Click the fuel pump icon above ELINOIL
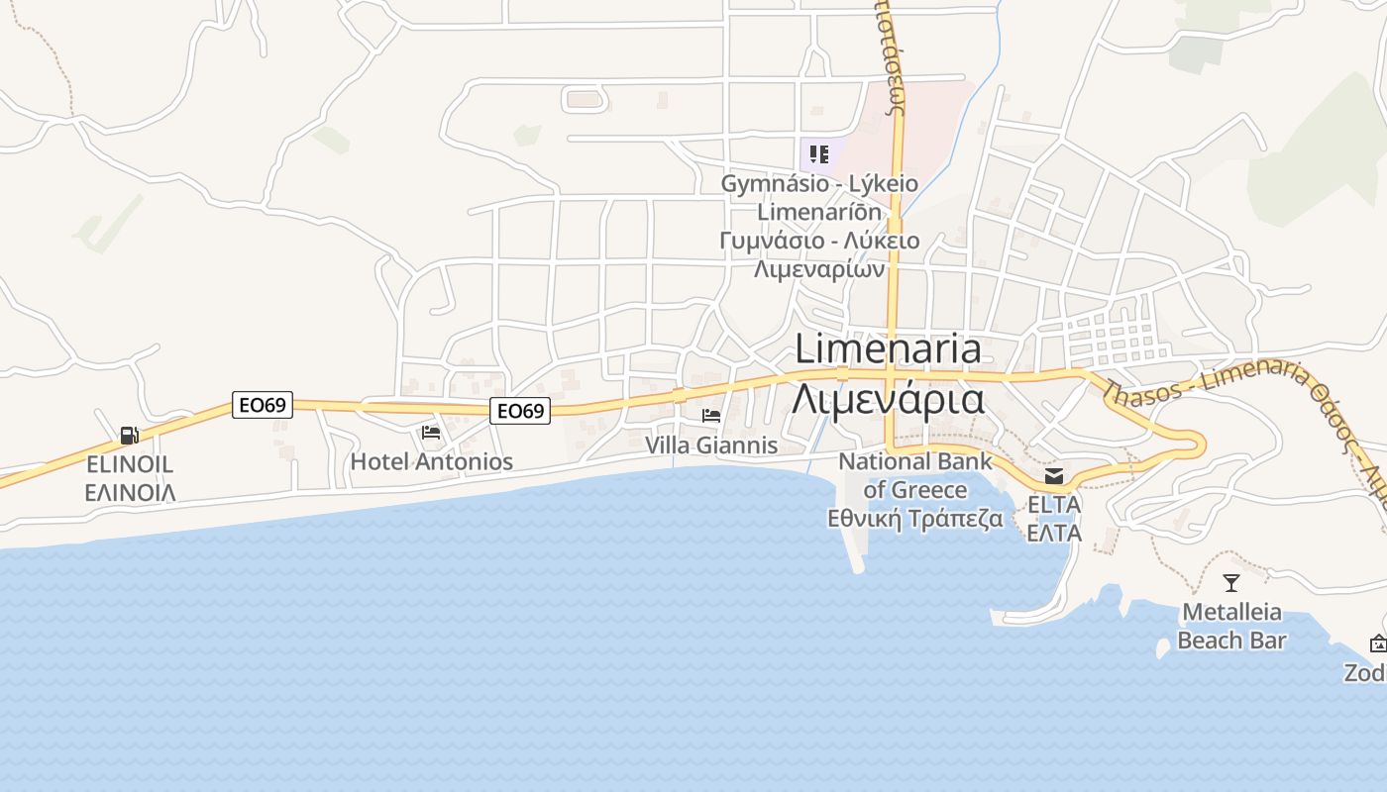click(x=129, y=435)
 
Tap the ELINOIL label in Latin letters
click(x=130, y=463)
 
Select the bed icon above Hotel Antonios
click(x=431, y=433)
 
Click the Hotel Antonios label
click(x=432, y=461)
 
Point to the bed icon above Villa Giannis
click(x=711, y=416)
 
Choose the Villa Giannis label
click(x=711, y=445)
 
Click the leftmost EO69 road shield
click(x=263, y=405)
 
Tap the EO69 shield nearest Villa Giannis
click(x=520, y=411)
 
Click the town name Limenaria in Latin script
click(x=888, y=348)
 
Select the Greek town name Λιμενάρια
click(x=888, y=399)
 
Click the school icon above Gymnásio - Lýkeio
click(x=818, y=153)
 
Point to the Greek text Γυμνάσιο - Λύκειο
click(x=819, y=241)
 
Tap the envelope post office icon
click(x=1054, y=476)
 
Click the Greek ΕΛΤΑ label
click(x=1054, y=533)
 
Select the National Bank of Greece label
click(x=914, y=475)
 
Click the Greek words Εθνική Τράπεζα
click(x=914, y=519)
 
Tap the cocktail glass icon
click(x=1231, y=583)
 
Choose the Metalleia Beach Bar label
click(x=1231, y=626)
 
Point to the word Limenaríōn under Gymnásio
click(x=819, y=212)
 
